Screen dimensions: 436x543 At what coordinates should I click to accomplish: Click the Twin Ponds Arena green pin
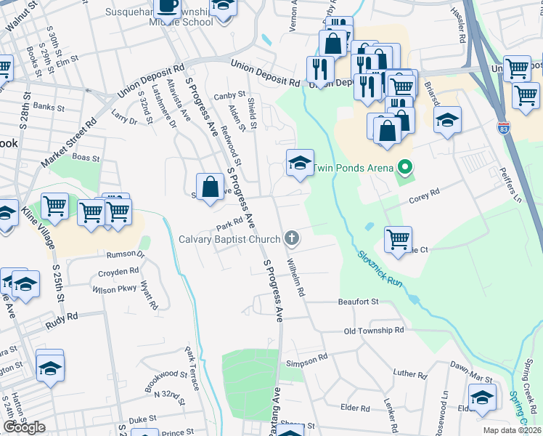click(404, 169)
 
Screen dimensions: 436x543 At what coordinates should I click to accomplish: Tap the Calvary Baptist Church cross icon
click(292, 238)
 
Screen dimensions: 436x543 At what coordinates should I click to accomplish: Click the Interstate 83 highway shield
click(503, 128)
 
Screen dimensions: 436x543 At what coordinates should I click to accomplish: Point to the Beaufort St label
click(359, 301)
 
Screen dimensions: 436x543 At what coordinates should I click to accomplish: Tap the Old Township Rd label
click(374, 330)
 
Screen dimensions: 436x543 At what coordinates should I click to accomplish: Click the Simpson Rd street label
click(307, 360)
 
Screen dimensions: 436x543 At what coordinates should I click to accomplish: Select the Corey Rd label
click(425, 194)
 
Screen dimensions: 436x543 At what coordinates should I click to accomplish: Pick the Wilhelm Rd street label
click(295, 276)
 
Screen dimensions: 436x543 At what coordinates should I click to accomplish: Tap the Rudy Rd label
click(61, 317)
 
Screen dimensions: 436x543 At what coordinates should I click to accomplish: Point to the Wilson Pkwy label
click(114, 288)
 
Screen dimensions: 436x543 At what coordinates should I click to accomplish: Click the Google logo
click(24, 427)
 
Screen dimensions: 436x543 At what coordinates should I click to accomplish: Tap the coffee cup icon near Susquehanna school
click(167, 7)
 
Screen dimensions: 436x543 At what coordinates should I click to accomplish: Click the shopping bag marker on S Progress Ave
click(210, 186)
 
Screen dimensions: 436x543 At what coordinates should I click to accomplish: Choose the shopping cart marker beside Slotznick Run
click(398, 239)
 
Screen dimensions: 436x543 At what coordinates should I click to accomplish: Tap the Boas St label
click(86, 157)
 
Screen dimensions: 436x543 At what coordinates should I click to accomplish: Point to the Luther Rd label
click(410, 374)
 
